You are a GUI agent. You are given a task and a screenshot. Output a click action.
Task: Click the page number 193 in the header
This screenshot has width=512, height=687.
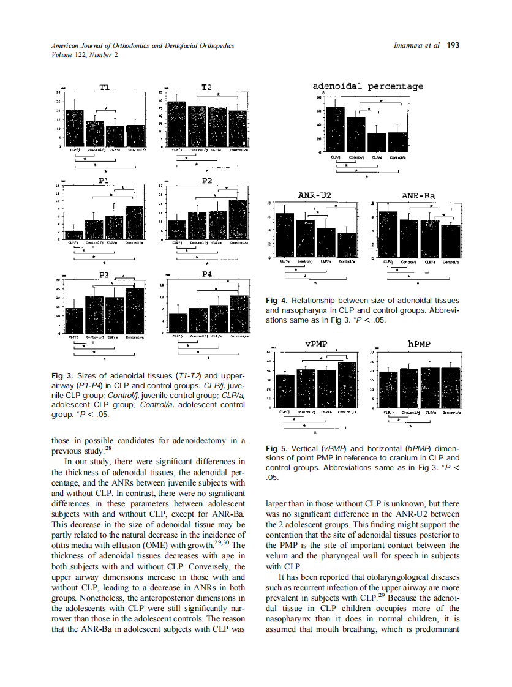click(453, 45)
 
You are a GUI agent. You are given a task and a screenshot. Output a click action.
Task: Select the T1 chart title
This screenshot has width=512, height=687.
click(104, 88)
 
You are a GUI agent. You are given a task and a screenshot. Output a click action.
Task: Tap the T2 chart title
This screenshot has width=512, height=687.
click(207, 88)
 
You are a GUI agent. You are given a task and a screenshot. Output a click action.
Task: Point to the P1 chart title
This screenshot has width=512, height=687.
click(104, 181)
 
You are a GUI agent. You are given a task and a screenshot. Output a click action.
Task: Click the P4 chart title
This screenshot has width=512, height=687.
click(207, 274)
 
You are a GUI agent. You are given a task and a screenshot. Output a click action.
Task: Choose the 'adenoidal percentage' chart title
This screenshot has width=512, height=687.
click(367, 86)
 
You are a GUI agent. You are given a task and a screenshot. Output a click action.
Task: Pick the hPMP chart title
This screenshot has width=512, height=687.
click(419, 345)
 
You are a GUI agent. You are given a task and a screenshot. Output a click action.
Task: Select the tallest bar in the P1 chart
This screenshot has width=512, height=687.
click(135, 223)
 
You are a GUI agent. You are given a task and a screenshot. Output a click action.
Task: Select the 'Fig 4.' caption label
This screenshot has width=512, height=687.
click(276, 301)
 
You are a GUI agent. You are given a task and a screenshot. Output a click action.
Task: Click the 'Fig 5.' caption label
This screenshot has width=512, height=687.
click(276, 448)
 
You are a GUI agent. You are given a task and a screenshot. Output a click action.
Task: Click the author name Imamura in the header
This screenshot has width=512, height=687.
click(413, 45)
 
